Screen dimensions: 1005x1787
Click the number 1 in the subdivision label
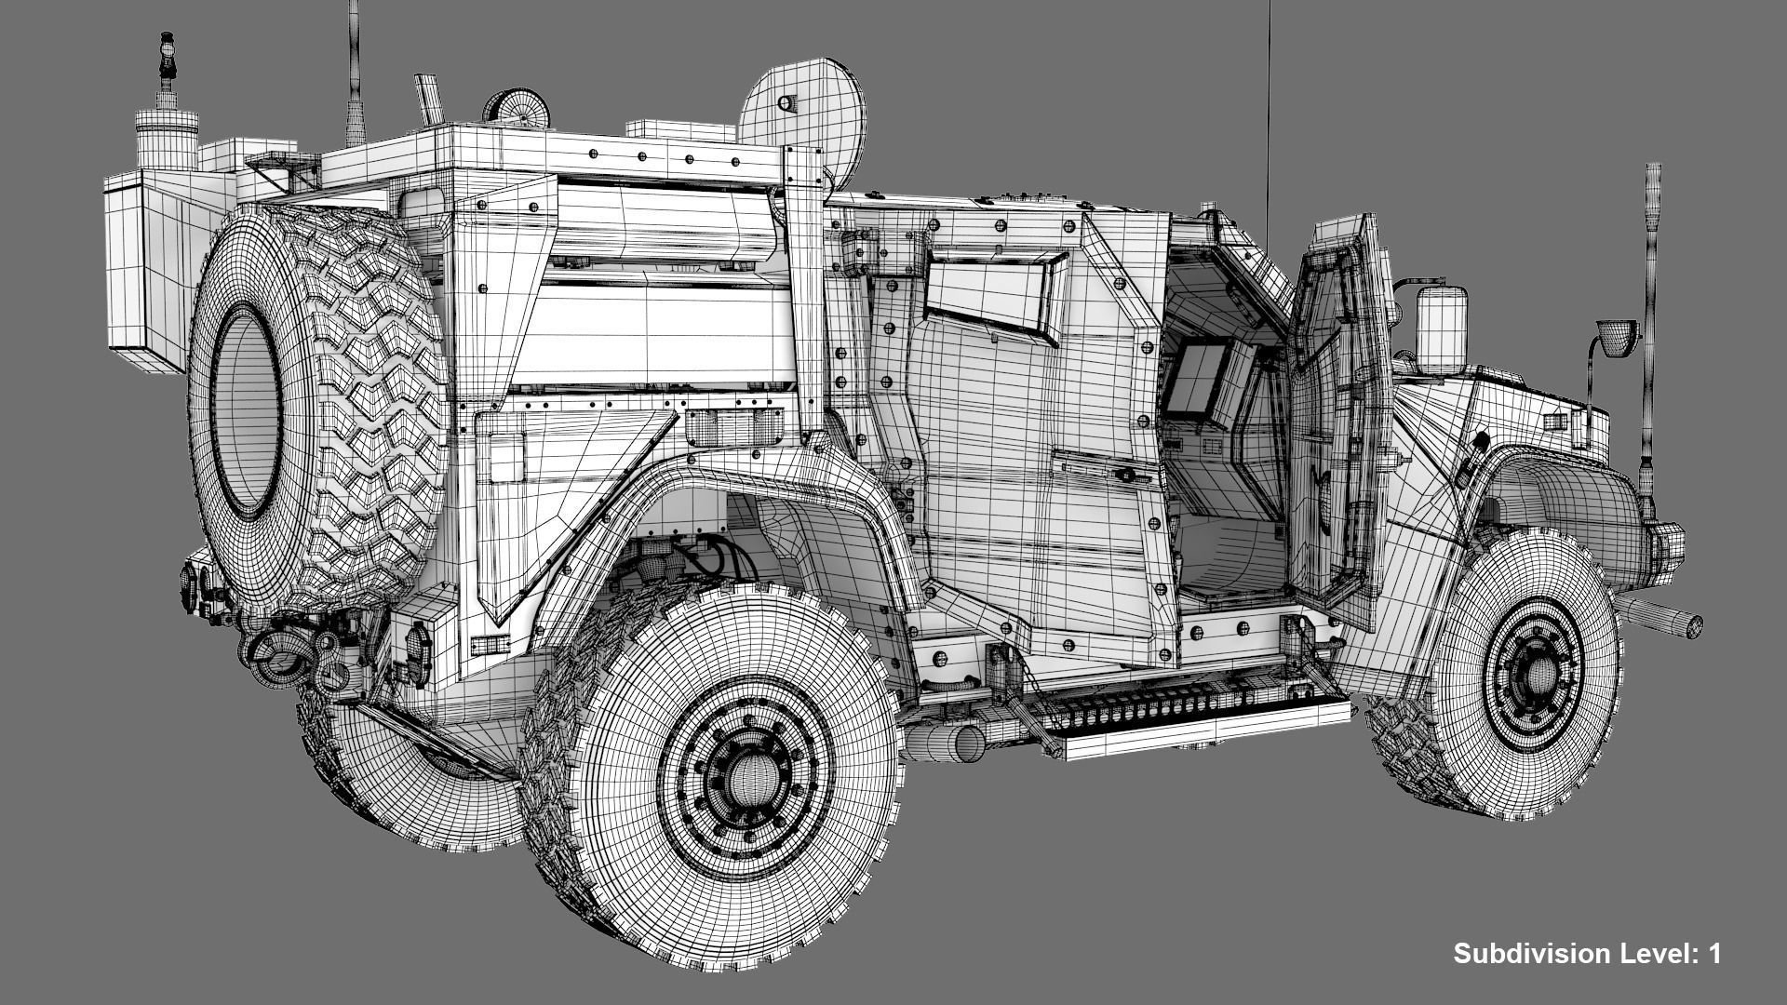pos(1713,953)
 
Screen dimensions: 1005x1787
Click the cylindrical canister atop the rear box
pos(167,140)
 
